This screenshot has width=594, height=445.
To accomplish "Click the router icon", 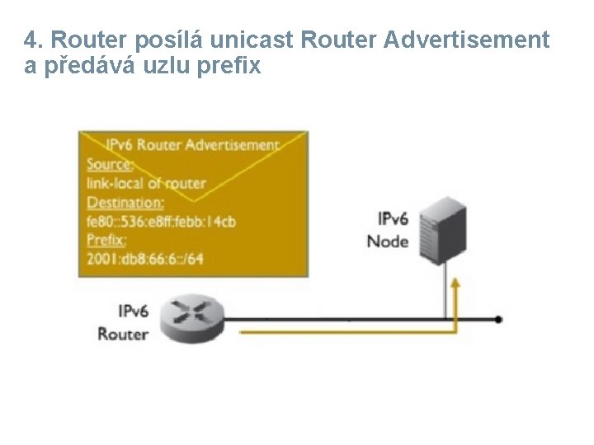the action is [191, 318].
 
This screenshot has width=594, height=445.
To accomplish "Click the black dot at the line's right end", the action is [498, 319].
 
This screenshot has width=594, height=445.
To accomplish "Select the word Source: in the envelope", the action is [110, 164].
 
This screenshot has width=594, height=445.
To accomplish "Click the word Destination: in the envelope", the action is [125, 202].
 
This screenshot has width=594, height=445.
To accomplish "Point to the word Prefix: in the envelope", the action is [106, 240].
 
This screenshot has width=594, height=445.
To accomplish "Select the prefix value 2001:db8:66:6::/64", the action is [144, 259].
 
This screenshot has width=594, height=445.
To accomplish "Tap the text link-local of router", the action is [146, 183].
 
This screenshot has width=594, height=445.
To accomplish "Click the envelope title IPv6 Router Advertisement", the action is [192, 145].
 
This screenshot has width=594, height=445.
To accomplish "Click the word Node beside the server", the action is [388, 241].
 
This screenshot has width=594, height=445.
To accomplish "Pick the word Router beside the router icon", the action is [123, 334].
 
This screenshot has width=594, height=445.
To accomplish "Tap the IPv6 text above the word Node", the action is [393, 219].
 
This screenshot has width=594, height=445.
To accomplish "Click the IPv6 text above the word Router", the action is [133, 311].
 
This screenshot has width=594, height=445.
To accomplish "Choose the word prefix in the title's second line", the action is [231, 66].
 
